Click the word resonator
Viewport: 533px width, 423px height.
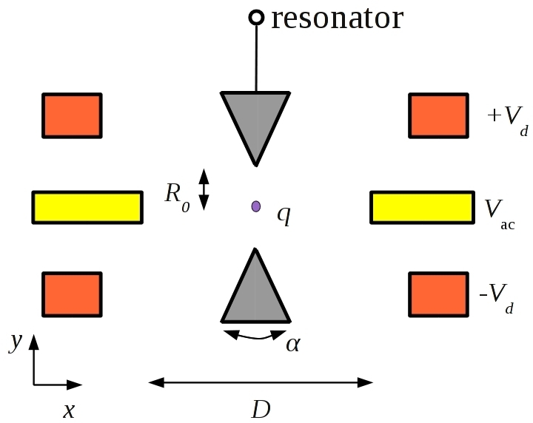(x=337, y=18)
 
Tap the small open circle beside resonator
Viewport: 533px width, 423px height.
(x=256, y=16)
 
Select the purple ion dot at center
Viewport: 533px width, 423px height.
(x=256, y=206)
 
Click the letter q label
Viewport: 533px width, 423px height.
(x=284, y=214)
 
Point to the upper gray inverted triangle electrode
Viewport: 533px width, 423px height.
(x=256, y=118)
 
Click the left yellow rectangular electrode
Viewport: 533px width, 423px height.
(x=87, y=207)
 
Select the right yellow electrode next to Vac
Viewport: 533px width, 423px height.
(x=421, y=207)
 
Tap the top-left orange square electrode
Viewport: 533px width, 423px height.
(x=72, y=115)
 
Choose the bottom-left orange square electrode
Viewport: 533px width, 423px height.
(x=72, y=294)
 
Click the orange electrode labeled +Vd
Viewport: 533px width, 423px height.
(x=438, y=115)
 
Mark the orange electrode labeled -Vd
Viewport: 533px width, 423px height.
(x=438, y=294)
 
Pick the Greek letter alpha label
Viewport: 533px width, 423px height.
(x=292, y=344)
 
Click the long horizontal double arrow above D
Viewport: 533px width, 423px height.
(x=261, y=382)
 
